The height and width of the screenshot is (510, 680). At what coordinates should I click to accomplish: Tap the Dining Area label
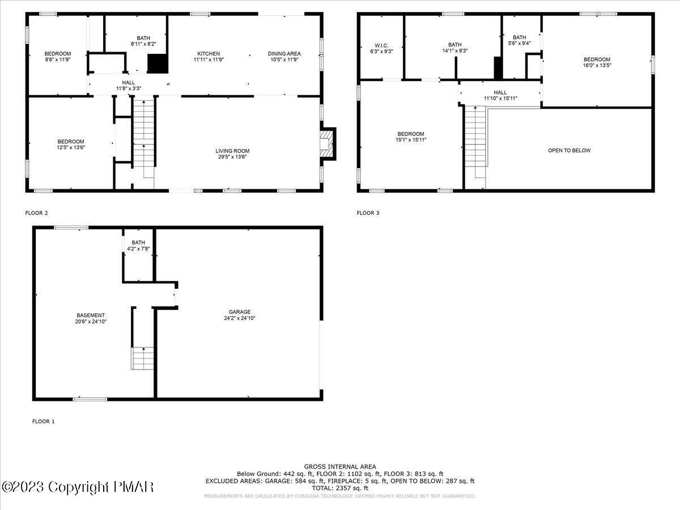coord(283,54)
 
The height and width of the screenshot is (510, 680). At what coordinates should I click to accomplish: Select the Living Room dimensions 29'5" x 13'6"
coord(232,156)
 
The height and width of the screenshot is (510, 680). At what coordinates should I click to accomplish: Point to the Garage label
coord(240,312)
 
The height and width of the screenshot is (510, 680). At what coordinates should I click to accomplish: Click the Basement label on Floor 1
coord(91,315)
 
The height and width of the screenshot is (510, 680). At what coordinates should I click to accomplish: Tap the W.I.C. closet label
coord(380,45)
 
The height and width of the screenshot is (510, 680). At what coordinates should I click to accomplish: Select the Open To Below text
coord(569,150)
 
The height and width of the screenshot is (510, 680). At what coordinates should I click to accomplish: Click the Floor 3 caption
coord(368,213)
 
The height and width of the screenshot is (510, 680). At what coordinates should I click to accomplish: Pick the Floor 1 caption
coord(44,422)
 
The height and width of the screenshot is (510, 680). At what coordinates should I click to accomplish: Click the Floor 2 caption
coord(37,213)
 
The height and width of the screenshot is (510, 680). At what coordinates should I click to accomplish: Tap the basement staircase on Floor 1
coord(143,358)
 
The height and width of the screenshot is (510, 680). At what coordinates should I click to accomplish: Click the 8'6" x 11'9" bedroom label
coord(57,57)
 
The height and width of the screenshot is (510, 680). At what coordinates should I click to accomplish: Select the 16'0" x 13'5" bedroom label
coord(597,62)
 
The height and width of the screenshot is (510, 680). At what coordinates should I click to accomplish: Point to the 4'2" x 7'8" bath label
coord(138,245)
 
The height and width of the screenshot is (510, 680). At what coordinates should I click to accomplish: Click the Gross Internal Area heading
coord(339,466)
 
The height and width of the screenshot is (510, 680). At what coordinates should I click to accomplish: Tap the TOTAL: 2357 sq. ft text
coord(339,488)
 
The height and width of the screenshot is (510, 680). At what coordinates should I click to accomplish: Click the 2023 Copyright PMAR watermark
coord(78,487)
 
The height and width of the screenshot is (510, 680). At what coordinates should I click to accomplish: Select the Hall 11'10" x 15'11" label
coord(500,95)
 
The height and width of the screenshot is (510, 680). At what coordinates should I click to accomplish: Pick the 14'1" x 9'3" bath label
coord(454,48)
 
